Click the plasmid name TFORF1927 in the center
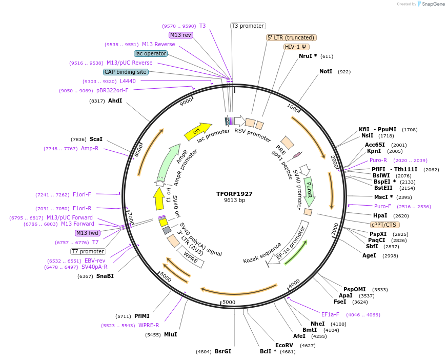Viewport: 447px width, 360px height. tap(234, 194)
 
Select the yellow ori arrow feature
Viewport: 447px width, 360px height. tap(198, 131)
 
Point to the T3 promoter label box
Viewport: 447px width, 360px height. tap(248, 26)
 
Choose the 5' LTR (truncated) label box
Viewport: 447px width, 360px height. tap(291, 37)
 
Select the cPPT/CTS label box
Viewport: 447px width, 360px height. tap(385, 225)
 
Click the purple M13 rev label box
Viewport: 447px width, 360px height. tap(180, 35)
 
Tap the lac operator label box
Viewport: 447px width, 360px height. tap(151, 53)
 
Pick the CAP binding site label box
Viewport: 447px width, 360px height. tap(126, 72)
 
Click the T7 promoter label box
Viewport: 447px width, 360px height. tap(88, 251)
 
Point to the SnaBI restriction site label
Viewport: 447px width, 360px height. tap(105, 276)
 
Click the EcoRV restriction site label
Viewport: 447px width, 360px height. tap(284, 345)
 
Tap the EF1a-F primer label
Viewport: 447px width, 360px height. tap(330, 314)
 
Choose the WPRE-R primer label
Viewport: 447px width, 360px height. tap(149, 325)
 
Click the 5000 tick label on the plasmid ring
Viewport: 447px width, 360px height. tap(229, 302)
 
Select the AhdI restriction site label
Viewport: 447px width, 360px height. tap(115, 101)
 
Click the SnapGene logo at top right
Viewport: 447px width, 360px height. tap(431, 4)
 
